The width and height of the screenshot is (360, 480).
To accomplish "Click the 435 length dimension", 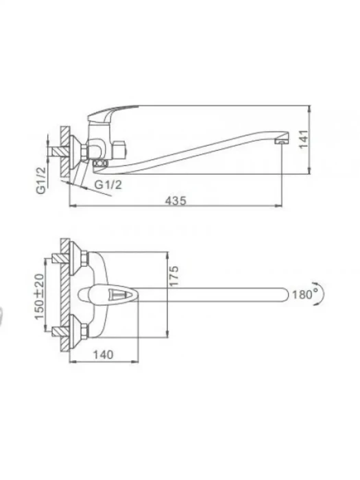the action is tap(176, 201).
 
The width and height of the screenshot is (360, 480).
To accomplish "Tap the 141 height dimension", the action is tap(303, 140).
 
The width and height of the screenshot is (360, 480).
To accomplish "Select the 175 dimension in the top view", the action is tap(173, 276).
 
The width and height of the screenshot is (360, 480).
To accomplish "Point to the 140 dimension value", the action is tap(103, 355).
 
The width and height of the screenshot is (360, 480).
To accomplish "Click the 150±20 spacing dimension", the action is tap(40, 296).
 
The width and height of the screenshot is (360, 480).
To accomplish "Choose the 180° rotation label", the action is tap(305, 294).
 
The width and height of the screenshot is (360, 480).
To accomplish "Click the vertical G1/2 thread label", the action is tap(41, 180).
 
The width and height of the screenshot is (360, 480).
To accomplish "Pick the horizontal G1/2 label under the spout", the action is tap(108, 184).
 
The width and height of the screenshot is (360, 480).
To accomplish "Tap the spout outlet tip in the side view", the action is tap(282, 141).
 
